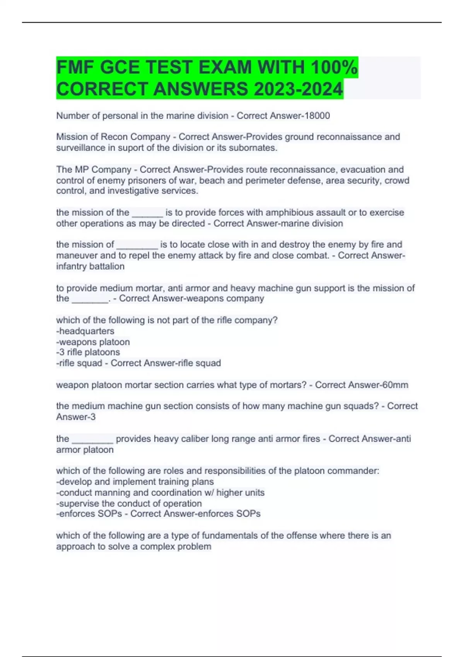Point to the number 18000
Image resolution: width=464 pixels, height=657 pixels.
click(317, 116)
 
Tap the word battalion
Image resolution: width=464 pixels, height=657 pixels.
click(107, 266)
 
